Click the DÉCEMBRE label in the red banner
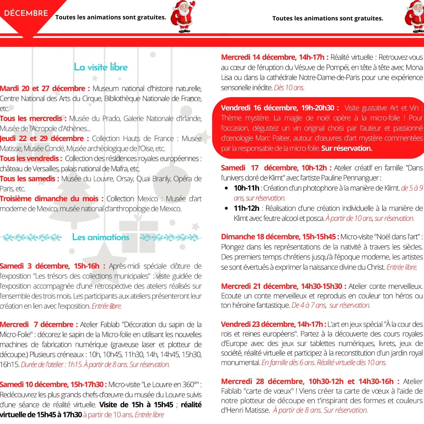click(x=26, y=13)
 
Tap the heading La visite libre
click(x=101, y=67)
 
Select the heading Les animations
click(x=101, y=237)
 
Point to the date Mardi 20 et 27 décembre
click(x=43, y=88)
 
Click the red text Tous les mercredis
click(x=31, y=119)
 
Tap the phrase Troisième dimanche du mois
click(x=49, y=199)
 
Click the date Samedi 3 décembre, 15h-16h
click(x=49, y=266)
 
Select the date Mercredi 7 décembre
click(x=37, y=325)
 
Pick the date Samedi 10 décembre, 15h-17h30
click(x=51, y=385)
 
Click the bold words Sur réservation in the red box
click(x=347, y=148)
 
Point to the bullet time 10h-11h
click(x=246, y=188)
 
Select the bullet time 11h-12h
click(x=246, y=208)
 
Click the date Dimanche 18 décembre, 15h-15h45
click(x=278, y=237)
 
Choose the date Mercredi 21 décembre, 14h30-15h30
click(x=281, y=286)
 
